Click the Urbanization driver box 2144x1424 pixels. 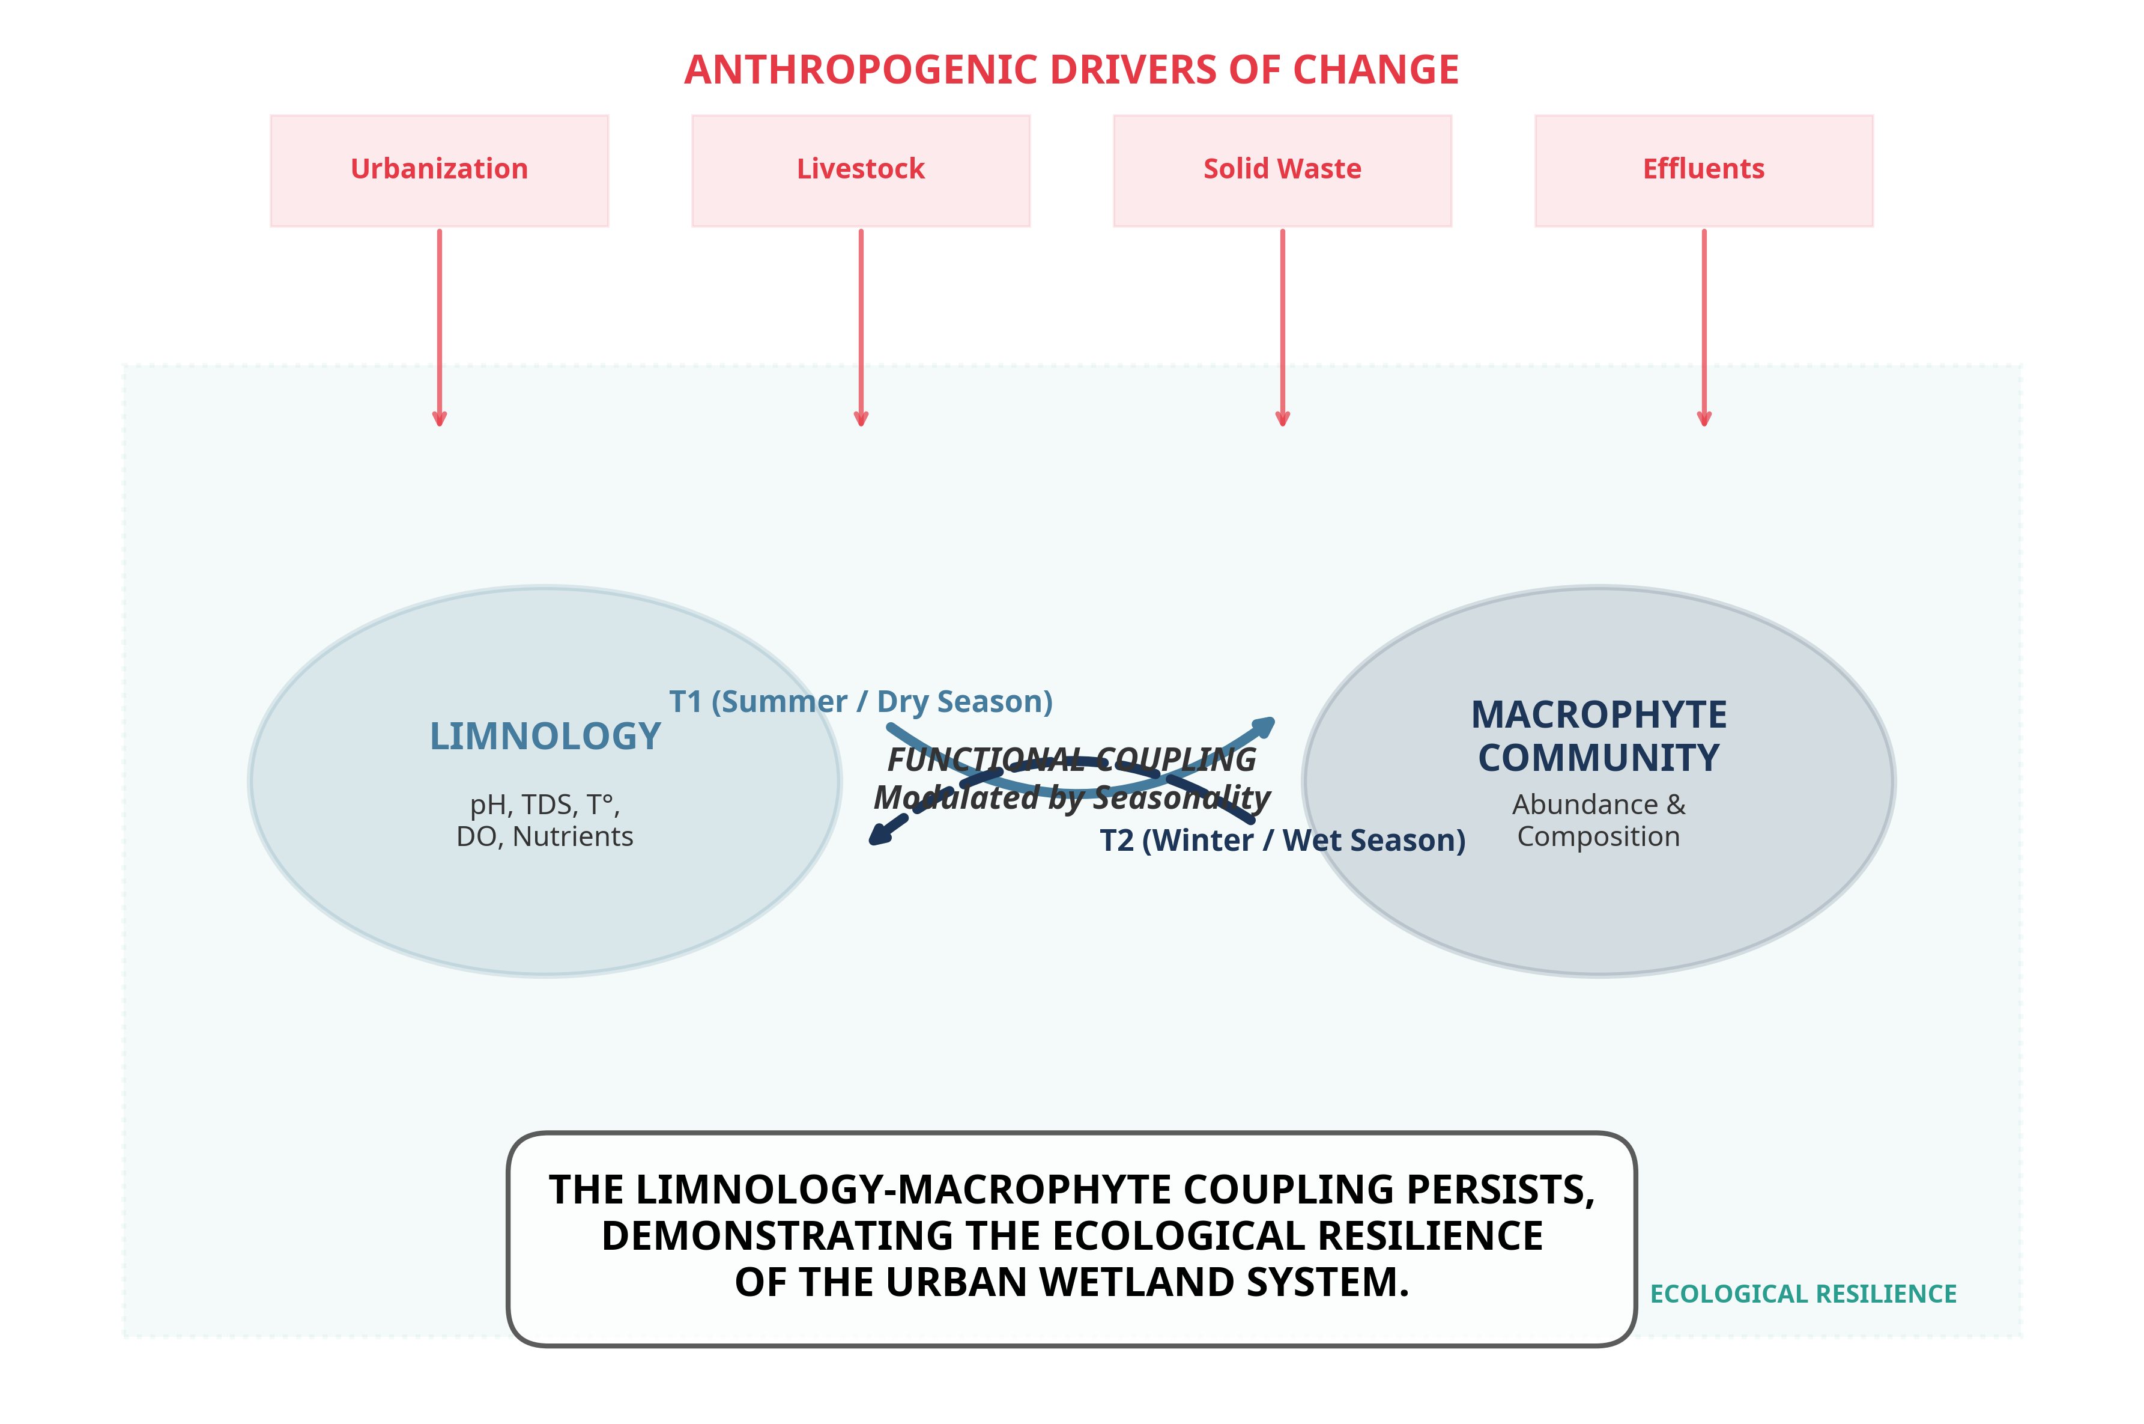click(x=440, y=170)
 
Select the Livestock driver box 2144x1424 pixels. click(x=861, y=170)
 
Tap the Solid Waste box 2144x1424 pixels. click(x=1282, y=170)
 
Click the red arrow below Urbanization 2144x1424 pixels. click(x=440, y=327)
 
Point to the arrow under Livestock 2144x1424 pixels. click(x=861, y=327)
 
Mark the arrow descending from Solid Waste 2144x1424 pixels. click(x=1282, y=327)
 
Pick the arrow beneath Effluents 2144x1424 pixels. click(x=1704, y=327)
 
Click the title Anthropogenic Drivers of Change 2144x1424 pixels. click(x=1071, y=70)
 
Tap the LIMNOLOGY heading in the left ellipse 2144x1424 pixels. click(x=545, y=737)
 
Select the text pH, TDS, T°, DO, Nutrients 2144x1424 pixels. click(x=545, y=820)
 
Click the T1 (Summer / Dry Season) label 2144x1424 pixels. click(x=861, y=702)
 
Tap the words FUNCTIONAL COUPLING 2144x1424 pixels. click(x=1071, y=759)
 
